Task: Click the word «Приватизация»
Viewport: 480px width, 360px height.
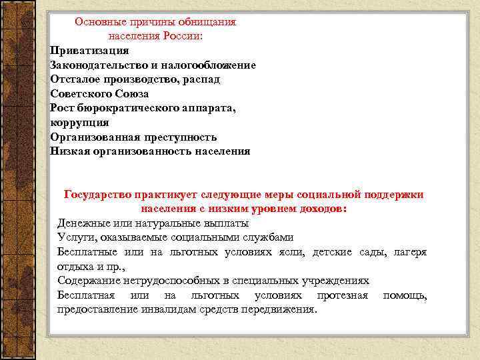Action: [x=89, y=51]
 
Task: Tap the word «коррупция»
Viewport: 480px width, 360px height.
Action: [x=79, y=123]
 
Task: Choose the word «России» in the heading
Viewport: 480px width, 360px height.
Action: [x=184, y=36]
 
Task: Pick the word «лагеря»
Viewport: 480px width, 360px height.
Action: [x=410, y=251]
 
